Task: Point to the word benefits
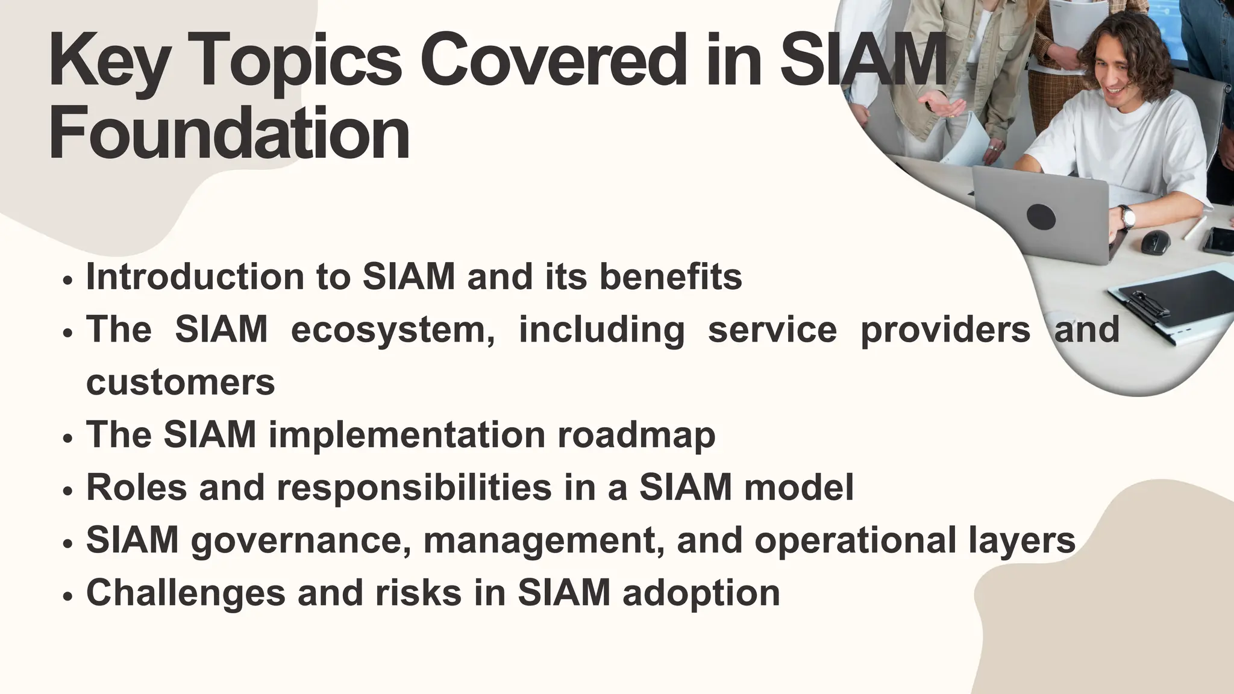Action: pyautogui.click(x=671, y=277)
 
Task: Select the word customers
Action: pyautogui.click(x=181, y=383)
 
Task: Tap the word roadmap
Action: pyautogui.click(x=636, y=434)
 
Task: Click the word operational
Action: pyautogui.click(x=855, y=540)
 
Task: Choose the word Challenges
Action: pyautogui.click(x=186, y=593)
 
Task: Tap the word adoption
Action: pyautogui.click(x=701, y=593)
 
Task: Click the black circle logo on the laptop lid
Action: pyautogui.click(x=1041, y=216)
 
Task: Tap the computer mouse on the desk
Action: pyautogui.click(x=1156, y=242)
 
